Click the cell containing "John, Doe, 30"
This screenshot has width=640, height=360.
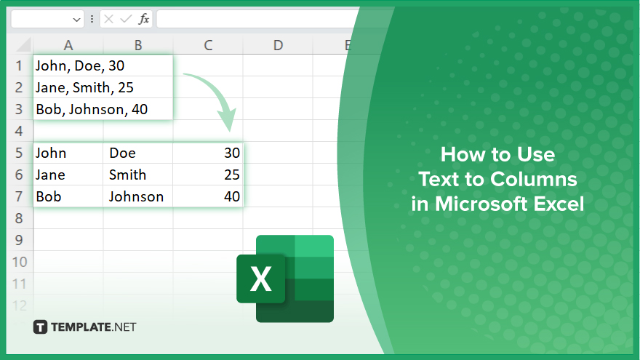[x=103, y=65]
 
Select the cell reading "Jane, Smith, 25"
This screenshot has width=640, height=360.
[x=103, y=87]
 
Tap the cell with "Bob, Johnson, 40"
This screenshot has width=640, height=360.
[x=103, y=109]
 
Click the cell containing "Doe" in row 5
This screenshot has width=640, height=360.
[x=138, y=153]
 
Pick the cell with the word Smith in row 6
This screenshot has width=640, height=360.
[x=138, y=175]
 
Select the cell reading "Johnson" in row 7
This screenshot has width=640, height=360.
[x=138, y=197]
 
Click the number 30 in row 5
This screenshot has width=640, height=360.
[x=232, y=153]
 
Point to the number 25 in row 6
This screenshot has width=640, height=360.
[x=232, y=175]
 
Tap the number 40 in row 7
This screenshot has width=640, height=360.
[x=232, y=197]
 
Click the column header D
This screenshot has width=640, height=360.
[x=278, y=45]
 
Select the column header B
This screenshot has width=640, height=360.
[x=138, y=45]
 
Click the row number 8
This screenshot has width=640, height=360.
[x=19, y=218]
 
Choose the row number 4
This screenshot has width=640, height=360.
[x=19, y=131]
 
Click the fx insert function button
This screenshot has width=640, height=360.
[x=144, y=19]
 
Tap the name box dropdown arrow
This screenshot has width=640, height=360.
[x=76, y=20]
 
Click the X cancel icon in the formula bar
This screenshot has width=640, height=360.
[x=108, y=19]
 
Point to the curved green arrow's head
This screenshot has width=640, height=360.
[x=228, y=119]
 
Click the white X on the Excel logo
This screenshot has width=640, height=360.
[x=261, y=279]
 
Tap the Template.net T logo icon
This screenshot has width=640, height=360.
[x=40, y=327]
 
